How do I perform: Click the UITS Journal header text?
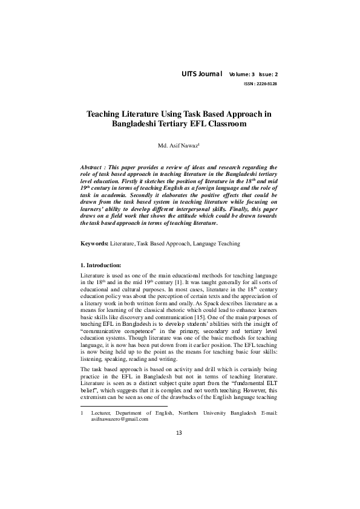[x=202, y=74]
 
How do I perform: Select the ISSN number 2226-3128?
[x=264, y=84]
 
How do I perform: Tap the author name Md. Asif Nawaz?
[x=178, y=145]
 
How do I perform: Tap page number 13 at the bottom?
[x=178, y=483]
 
